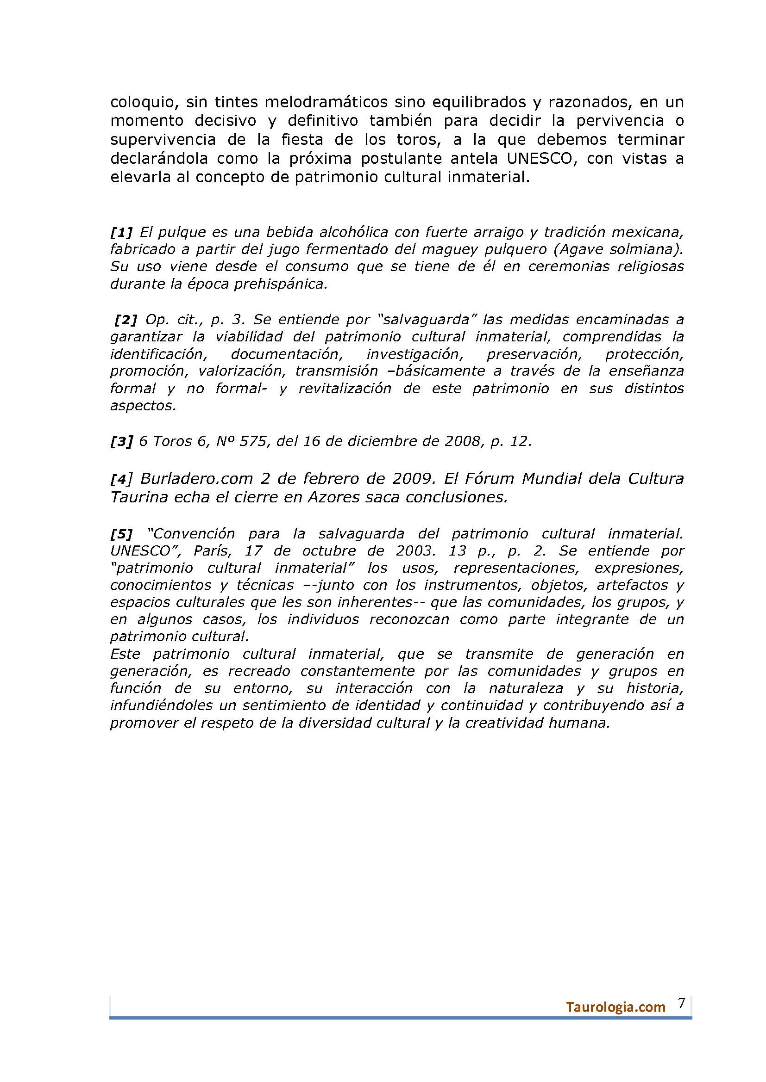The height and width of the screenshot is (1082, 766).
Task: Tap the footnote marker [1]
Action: (122, 232)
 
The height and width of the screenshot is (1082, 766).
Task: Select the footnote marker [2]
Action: (126, 320)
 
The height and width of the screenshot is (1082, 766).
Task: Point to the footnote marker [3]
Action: (122, 442)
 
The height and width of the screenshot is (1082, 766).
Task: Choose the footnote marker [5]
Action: (122, 533)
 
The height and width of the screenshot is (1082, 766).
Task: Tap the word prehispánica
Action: (275, 284)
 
